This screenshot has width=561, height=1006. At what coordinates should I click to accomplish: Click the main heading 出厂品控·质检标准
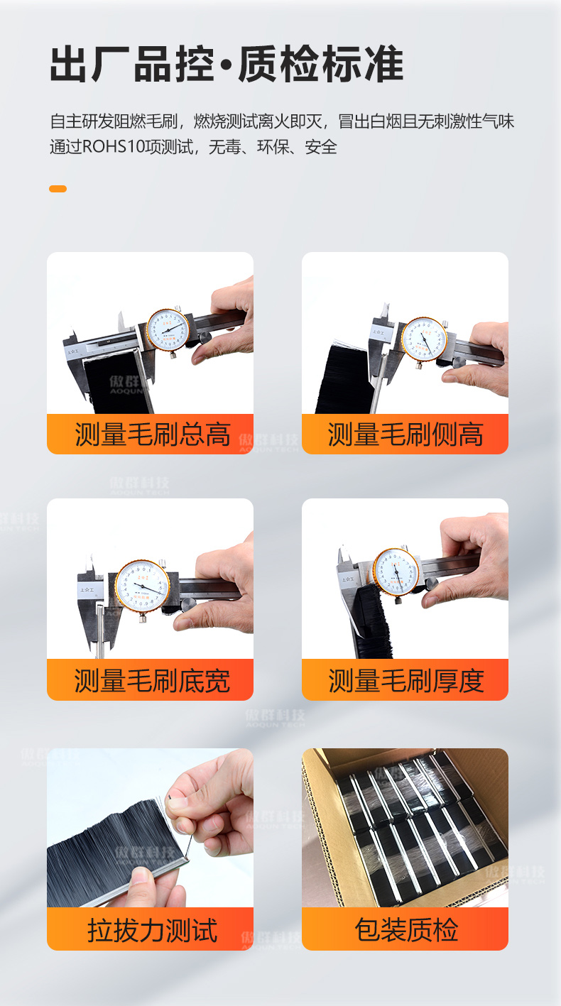click(227, 65)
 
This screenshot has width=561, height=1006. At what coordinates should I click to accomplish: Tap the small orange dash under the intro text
click(58, 189)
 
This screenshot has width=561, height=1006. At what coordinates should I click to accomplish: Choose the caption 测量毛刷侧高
click(405, 434)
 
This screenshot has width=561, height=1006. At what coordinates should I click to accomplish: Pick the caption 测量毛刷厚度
click(405, 681)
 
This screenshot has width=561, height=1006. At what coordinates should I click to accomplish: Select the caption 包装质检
click(405, 930)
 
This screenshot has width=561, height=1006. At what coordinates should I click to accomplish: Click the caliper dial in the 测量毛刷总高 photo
click(168, 329)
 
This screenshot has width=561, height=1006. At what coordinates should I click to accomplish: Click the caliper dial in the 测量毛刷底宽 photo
click(142, 587)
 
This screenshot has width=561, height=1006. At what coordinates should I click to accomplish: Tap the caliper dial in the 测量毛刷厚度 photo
click(396, 572)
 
